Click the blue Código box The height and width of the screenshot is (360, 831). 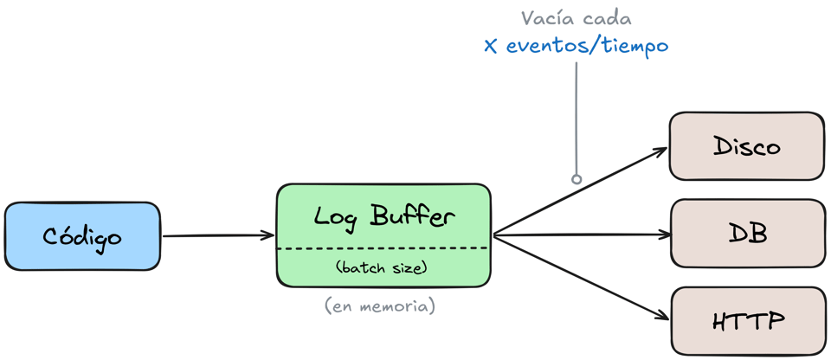(x=82, y=236)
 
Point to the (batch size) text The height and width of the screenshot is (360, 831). (x=382, y=267)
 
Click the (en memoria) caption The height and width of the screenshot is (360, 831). (x=379, y=306)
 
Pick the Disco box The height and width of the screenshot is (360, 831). (x=747, y=145)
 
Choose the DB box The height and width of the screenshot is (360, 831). (x=748, y=234)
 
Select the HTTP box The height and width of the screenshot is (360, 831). (x=748, y=321)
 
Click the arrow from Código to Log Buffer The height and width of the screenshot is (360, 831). (x=218, y=236)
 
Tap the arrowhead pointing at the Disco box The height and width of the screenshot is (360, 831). (x=660, y=151)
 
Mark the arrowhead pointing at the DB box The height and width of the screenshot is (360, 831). (x=665, y=235)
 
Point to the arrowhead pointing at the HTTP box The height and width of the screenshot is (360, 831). (x=662, y=316)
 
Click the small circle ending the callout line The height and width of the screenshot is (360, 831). (x=577, y=179)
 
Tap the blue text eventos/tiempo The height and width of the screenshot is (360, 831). (x=587, y=46)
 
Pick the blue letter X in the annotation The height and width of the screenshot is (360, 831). (x=491, y=47)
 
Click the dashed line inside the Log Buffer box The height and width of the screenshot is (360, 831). (x=382, y=248)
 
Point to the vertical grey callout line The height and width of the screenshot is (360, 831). (x=577, y=119)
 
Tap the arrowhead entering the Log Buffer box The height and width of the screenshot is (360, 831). (x=268, y=235)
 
